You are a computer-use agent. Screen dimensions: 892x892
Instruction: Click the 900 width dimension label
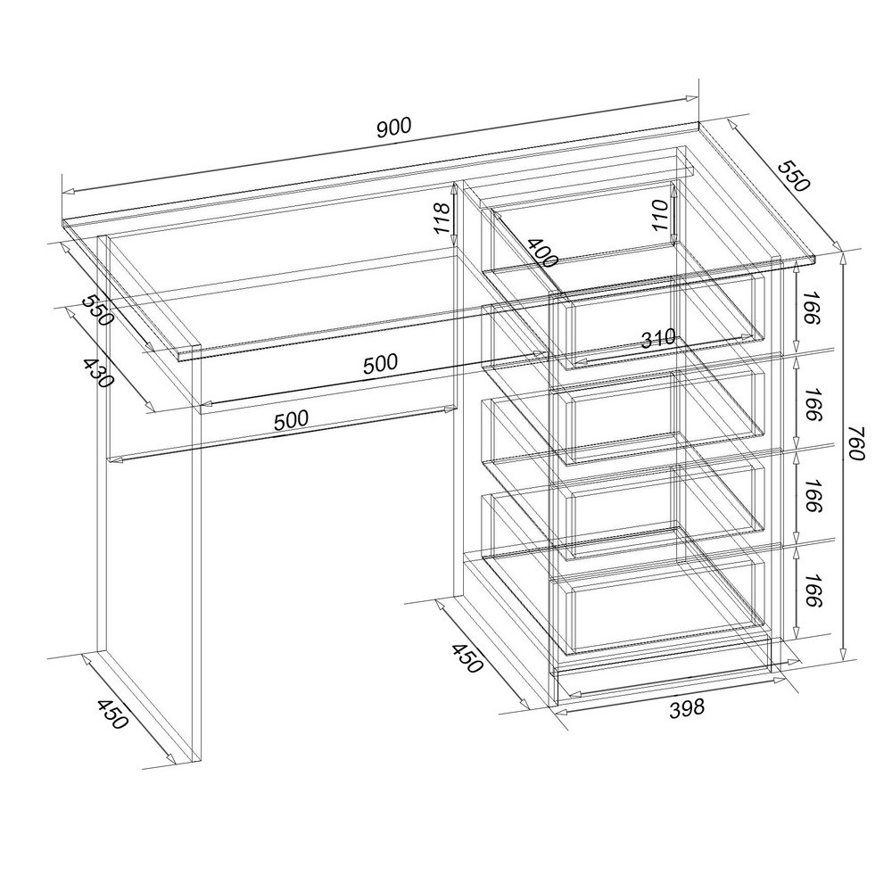click(393, 128)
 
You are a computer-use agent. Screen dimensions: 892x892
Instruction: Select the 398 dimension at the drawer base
click(687, 707)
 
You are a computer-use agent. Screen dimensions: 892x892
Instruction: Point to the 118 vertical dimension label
click(442, 217)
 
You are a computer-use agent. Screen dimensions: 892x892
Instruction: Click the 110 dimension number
click(660, 214)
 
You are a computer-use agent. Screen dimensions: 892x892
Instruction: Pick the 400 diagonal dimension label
click(541, 253)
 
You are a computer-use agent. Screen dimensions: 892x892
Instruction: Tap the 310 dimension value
click(658, 340)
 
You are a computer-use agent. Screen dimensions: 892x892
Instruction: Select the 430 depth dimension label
click(98, 373)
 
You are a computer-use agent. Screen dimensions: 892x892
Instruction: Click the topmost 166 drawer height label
click(810, 308)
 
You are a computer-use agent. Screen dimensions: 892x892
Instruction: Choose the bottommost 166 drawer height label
click(810, 590)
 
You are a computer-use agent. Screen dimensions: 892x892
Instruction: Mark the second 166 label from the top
click(810, 404)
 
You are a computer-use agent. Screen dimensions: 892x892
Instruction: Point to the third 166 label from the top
click(810, 496)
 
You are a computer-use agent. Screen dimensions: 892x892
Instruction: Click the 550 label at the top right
click(793, 176)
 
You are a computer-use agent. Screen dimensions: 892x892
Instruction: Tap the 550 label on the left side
click(97, 310)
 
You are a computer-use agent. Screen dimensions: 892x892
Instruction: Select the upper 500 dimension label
click(381, 364)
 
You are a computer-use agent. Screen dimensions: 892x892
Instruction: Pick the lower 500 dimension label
click(292, 420)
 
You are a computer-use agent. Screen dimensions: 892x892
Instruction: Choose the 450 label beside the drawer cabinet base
click(467, 658)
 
